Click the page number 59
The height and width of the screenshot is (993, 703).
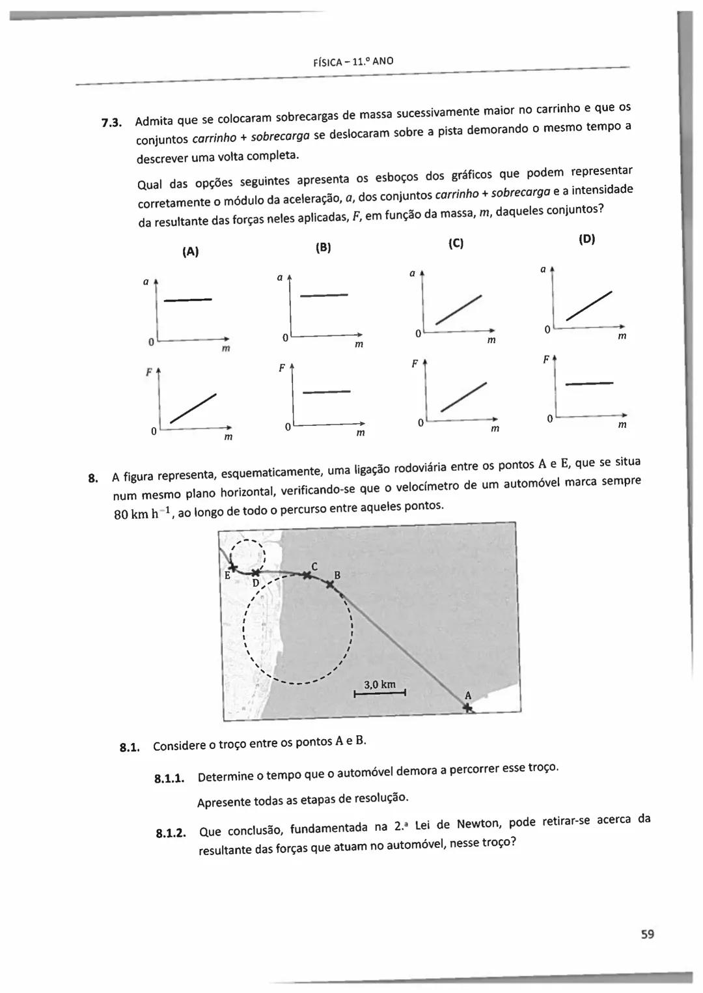(x=646, y=934)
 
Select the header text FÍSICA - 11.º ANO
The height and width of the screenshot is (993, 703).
(x=353, y=62)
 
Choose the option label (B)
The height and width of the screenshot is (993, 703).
(x=323, y=247)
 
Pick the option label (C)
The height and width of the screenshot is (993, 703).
(x=456, y=244)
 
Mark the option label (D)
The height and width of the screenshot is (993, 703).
(x=586, y=239)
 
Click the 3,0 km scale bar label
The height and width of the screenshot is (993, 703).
(x=379, y=684)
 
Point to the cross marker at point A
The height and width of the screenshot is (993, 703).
(x=468, y=708)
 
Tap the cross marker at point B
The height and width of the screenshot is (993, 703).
(x=330, y=584)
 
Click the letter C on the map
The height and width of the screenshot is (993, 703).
(x=314, y=566)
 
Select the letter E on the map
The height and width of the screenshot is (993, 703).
(x=228, y=576)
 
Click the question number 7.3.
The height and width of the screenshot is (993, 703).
(x=112, y=122)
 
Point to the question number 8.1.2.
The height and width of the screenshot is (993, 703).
(x=171, y=833)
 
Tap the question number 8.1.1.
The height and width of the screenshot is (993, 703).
(x=170, y=779)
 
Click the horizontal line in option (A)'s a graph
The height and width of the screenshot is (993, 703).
(x=188, y=300)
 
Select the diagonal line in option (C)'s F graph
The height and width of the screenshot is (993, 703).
(x=463, y=397)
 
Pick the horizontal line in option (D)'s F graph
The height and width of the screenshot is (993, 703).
(x=589, y=384)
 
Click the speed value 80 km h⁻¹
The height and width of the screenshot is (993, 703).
(x=143, y=513)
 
